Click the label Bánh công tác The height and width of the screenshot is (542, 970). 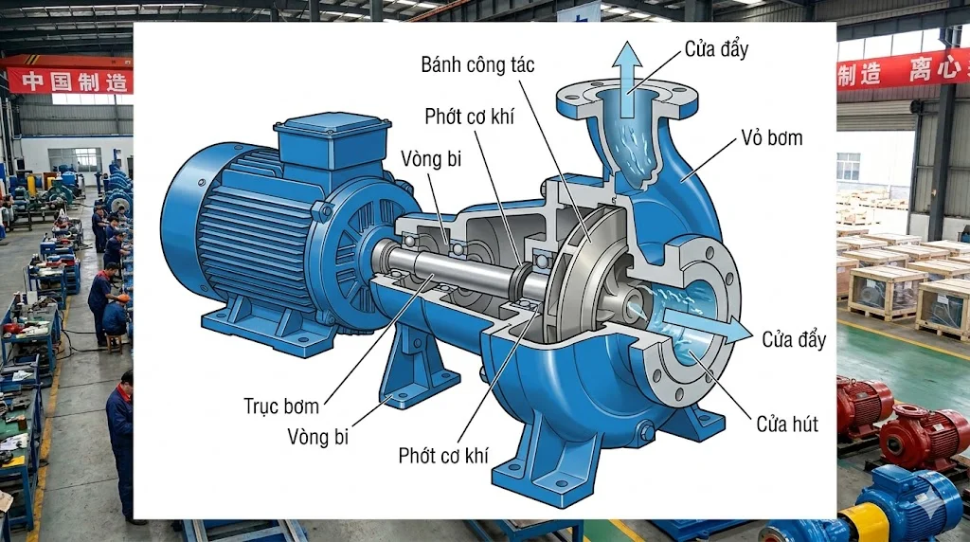pyautogui.click(x=478, y=65)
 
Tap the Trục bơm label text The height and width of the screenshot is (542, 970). pyautogui.click(x=281, y=406)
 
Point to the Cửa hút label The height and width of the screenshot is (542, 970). pyautogui.click(x=786, y=425)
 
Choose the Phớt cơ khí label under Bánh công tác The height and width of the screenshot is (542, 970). pyautogui.click(x=443, y=456)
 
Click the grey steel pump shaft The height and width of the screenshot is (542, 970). pyautogui.click(x=445, y=270)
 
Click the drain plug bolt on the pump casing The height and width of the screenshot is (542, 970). pyautogui.click(x=647, y=432)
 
